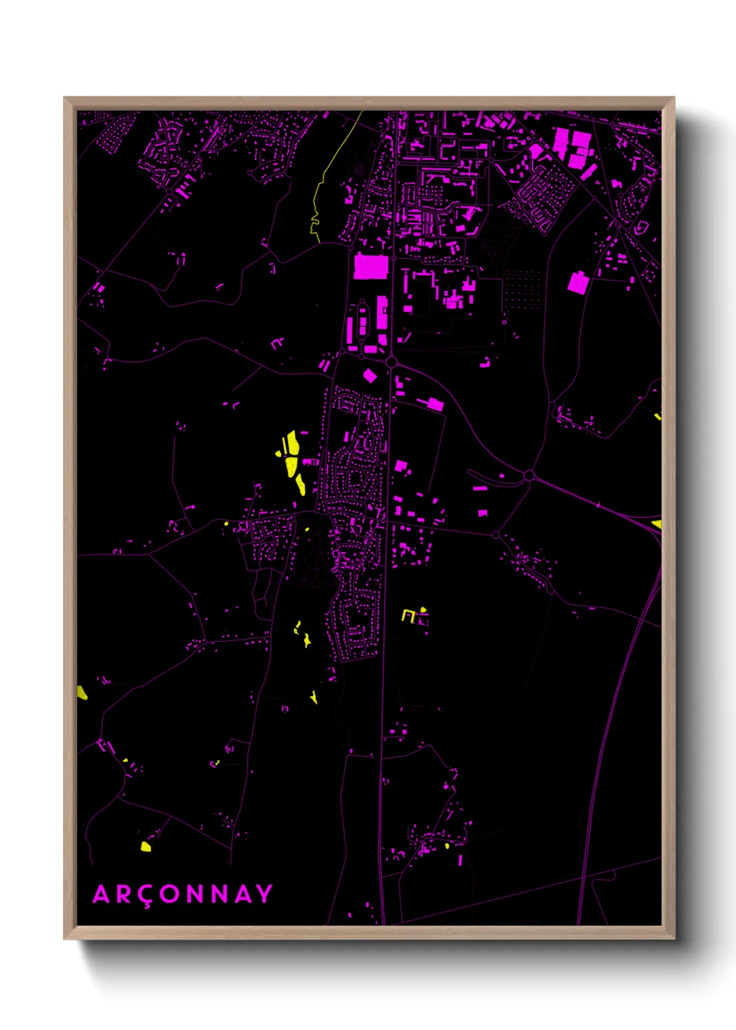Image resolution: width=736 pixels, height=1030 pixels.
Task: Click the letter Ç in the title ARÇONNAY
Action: click(x=144, y=896)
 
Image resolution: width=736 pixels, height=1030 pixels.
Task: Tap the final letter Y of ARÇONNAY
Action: click(x=264, y=894)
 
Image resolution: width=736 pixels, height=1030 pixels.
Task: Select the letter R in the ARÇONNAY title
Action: click(x=121, y=894)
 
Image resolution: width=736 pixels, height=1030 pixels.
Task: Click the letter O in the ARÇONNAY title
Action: click(x=169, y=894)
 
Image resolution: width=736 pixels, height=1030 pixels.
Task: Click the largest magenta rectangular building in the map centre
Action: click(x=371, y=267)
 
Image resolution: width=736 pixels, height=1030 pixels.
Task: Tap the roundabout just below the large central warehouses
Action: click(x=391, y=362)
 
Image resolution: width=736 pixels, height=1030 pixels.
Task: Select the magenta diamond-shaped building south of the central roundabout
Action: click(x=369, y=376)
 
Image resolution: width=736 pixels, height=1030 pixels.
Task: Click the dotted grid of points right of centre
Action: click(x=522, y=289)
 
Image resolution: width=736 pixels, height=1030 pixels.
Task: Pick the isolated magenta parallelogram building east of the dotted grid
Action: click(x=578, y=283)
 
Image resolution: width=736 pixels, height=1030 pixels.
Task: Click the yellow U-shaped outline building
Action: click(x=408, y=615)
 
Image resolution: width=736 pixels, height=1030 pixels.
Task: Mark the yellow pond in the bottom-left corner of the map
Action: click(x=145, y=846)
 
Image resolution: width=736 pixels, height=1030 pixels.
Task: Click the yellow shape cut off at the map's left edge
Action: click(x=81, y=692)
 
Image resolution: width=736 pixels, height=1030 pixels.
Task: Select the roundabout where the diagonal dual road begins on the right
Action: click(x=529, y=475)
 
